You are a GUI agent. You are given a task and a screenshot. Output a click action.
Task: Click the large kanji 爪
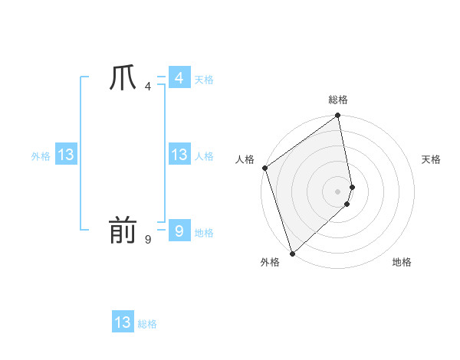123,78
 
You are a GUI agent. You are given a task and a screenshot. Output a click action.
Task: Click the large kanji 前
123,231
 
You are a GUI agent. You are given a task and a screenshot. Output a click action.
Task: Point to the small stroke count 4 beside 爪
148,87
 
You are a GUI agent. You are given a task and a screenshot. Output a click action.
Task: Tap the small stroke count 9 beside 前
148,240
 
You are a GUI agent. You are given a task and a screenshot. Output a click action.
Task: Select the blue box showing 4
179,78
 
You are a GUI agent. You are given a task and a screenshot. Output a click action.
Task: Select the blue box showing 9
179,231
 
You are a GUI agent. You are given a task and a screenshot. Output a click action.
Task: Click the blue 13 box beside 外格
66,155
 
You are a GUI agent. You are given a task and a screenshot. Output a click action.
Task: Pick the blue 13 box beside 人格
179,155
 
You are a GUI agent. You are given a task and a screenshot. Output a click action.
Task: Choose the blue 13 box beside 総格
123,322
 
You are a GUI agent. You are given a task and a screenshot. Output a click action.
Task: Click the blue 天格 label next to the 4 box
204,80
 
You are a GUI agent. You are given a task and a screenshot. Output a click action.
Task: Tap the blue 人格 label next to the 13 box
204,156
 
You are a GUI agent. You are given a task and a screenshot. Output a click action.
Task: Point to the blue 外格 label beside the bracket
41,156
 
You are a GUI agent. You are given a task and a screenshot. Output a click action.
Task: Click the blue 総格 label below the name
147,324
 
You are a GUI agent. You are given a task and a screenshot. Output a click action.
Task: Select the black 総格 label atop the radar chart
338,100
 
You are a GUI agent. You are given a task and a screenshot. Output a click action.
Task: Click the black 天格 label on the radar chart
431,159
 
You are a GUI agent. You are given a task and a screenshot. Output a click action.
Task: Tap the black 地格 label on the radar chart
402,262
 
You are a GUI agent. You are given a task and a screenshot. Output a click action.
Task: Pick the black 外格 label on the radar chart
269,262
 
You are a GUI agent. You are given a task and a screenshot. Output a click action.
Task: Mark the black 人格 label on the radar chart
245,159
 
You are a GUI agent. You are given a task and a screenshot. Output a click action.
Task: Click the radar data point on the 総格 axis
338,116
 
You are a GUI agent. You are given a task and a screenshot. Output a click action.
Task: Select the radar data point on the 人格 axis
264,168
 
